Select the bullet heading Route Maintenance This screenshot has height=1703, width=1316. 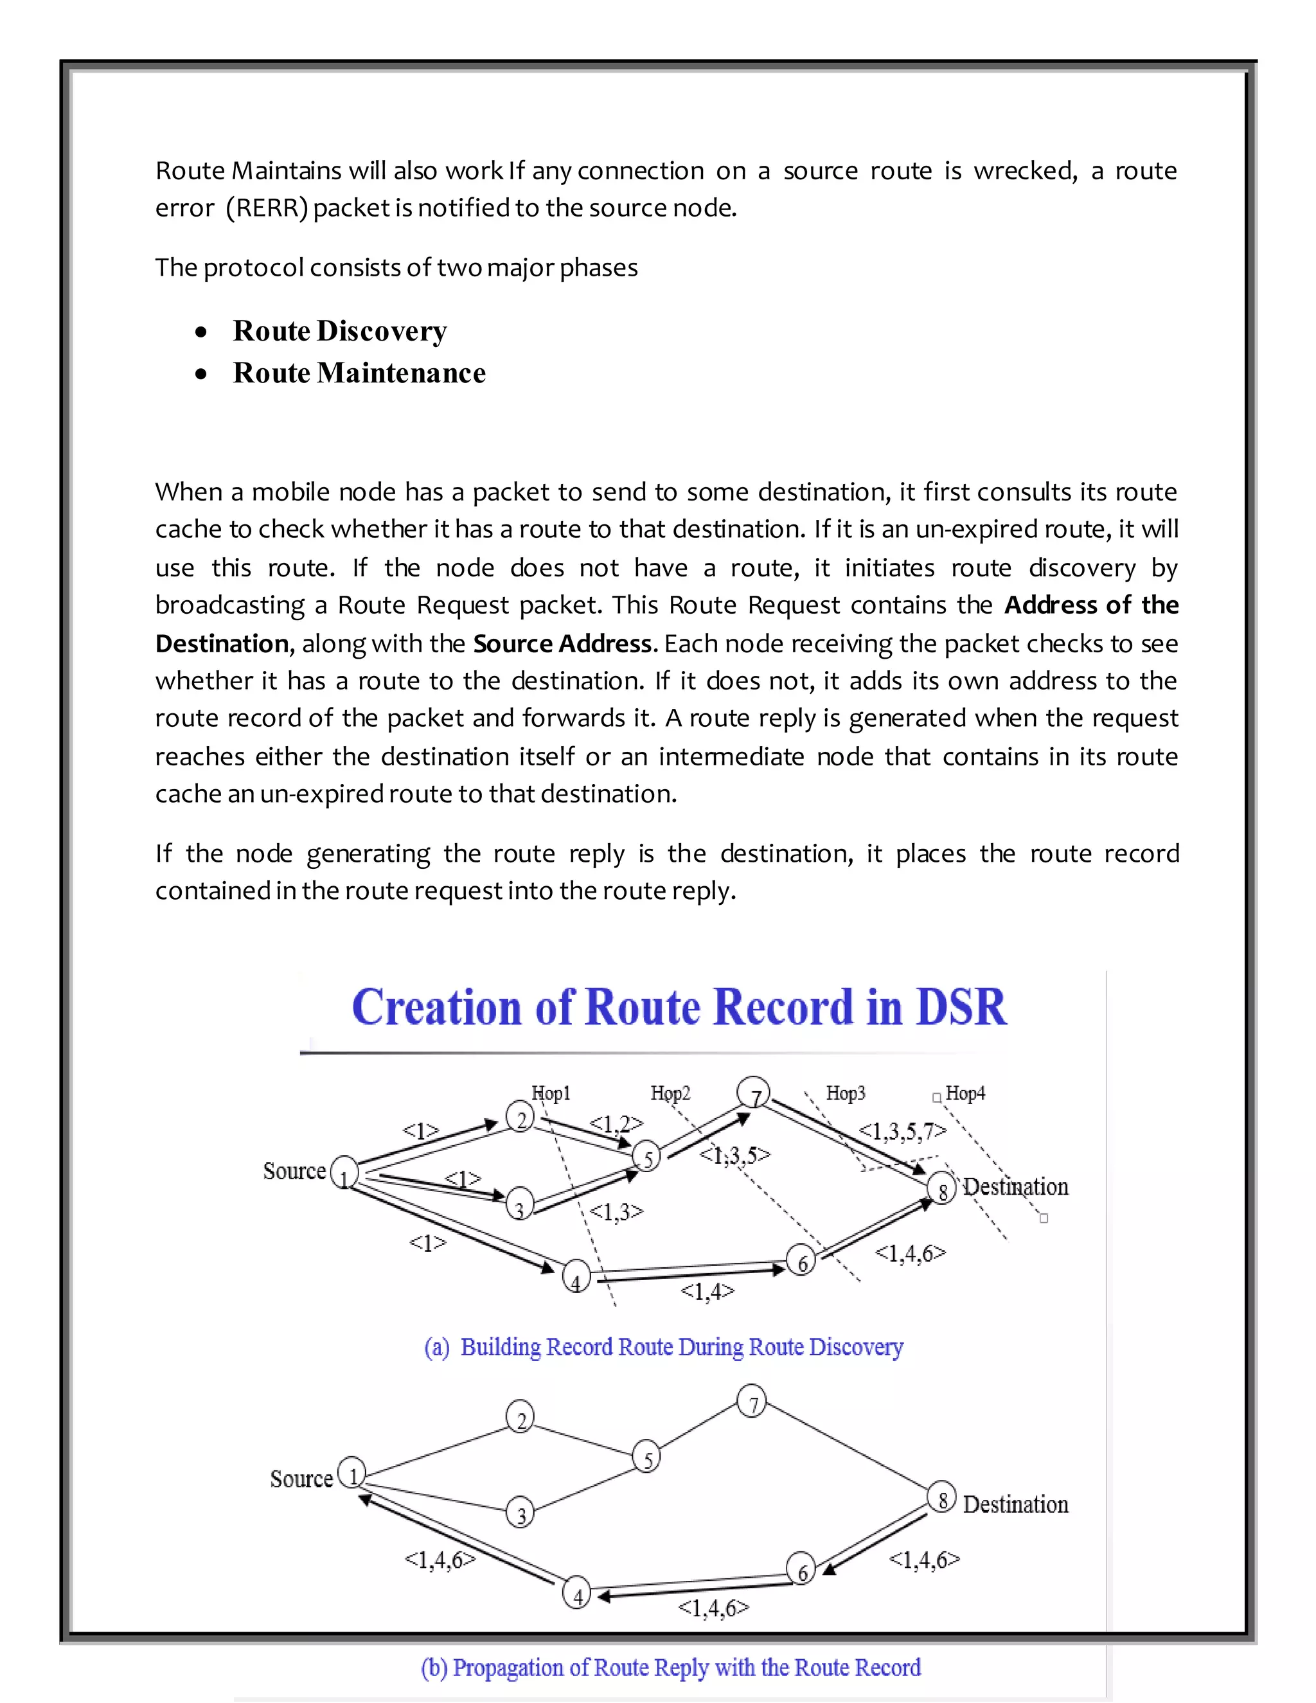click(x=359, y=373)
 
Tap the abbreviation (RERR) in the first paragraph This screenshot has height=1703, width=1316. click(x=267, y=208)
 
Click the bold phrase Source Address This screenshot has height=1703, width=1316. click(x=562, y=643)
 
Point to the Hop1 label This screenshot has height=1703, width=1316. click(x=551, y=1093)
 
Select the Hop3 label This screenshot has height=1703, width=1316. click(x=846, y=1093)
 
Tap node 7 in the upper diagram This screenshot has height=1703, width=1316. click(x=754, y=1096)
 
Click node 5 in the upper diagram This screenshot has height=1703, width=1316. click(x=647, y=1158)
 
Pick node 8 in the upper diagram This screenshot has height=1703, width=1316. click(x=942, y=1190)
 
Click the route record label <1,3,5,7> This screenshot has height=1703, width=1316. click(x=902, y=1130)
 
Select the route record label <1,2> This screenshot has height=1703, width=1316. click(x=616, y=1123)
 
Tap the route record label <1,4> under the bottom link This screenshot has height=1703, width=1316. click(x=707, y=1291)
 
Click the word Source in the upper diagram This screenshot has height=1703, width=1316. click(x=294, y=1171)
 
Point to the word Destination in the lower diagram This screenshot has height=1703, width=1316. click(x=1015, y=1504)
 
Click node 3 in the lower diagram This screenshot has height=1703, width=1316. click(x=520, y=1513)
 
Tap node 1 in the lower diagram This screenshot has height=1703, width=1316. click(x=352, y=1476)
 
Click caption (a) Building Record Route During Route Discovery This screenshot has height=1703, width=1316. click(x=663, y=1348)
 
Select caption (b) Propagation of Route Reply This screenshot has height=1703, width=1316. click(x=670, y=1667)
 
